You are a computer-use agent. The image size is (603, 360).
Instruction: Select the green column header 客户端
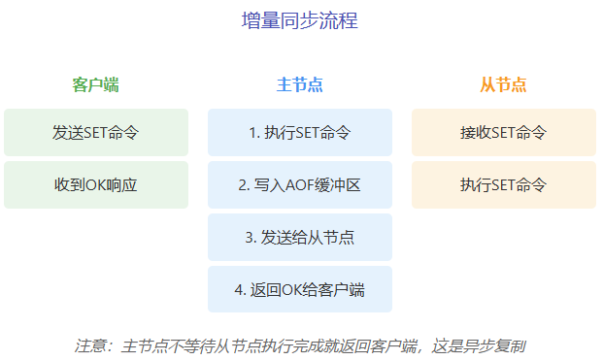coord(95,84)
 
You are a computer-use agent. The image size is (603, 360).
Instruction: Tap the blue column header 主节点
coord(299,84)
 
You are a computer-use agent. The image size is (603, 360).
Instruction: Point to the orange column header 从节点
coord(503,84)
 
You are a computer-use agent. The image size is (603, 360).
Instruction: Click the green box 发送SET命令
coord(95,132)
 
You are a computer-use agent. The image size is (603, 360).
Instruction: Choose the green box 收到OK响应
coord(95,184)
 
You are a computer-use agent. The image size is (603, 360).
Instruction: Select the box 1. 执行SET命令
coord(299,132)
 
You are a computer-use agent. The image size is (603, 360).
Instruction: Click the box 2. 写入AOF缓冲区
coord(299,184)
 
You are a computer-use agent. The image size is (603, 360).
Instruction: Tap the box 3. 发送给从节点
coord(299,237)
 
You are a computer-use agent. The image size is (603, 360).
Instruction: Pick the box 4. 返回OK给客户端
coord(299,289)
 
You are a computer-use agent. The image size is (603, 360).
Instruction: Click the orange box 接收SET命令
coord(503,132)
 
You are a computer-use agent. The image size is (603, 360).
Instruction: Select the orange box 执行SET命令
coord(503,184)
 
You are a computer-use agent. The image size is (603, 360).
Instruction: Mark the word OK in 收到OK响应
coord(94,184)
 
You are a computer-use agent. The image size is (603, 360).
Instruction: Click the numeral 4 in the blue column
coord(238,289)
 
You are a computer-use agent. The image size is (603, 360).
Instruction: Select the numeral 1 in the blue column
coord(252,132)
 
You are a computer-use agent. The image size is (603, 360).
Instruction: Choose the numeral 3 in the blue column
coord(249,237)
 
